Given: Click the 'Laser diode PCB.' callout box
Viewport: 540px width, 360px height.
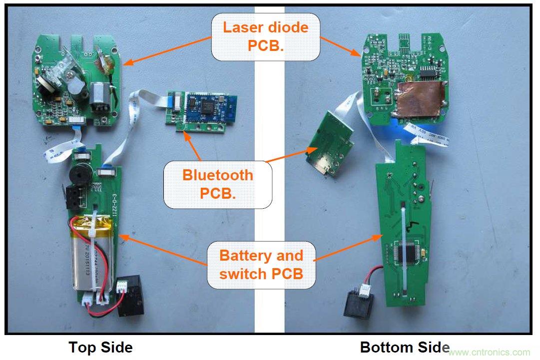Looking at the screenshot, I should tap(266, 36).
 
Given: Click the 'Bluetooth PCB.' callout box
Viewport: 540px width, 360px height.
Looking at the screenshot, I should tap(218, 184).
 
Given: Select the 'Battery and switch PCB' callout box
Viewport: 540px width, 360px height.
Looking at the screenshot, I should tap(261, 265).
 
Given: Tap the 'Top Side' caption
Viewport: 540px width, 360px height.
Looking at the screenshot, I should tap(100, 347).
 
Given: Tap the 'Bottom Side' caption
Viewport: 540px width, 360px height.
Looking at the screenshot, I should tap(405, 347).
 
